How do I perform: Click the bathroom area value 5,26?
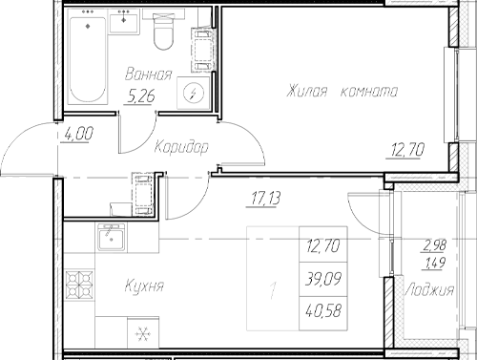[x=148, y=94]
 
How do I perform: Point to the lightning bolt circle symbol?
[x=195, y=93]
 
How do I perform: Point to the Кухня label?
[x=144, y=286]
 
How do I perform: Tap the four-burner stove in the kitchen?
[x=76, y=285]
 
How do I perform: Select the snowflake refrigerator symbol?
[x=145, y=334]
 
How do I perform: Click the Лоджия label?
[x=428, y=290]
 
